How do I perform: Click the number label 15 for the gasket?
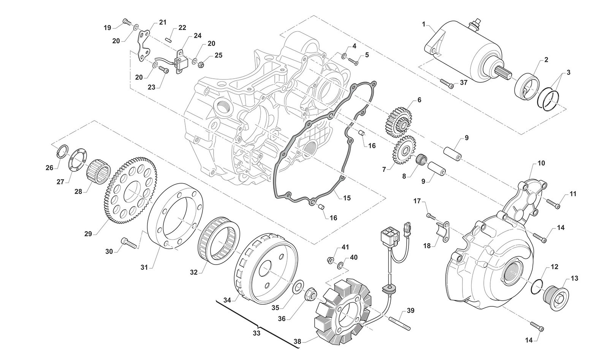(347, 198)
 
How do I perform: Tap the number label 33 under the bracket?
(257, 333)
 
